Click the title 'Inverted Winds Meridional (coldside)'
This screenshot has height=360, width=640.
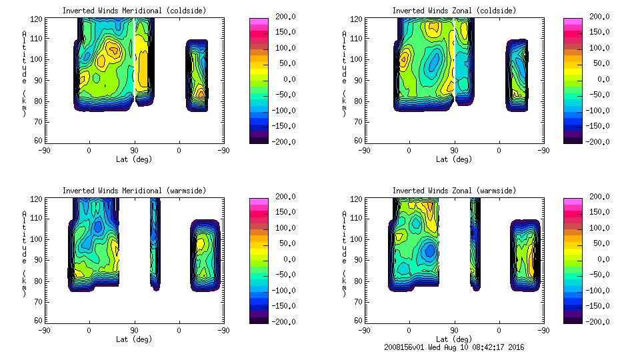click(134, 11)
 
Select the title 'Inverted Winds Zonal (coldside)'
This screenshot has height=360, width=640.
click(454, 11)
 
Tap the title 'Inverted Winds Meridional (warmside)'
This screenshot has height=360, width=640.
click(134, 191)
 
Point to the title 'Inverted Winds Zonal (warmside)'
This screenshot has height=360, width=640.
click(454, 191)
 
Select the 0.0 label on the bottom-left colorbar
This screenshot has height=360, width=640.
click(287, 259)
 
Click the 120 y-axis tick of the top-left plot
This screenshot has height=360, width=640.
click(37, 19)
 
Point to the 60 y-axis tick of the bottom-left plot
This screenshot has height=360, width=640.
click(39, 321)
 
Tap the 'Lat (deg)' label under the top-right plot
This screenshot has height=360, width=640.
click(454, 159)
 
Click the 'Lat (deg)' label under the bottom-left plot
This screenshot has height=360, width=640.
click(134, 339)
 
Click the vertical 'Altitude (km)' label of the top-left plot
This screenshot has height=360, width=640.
click(24, 73)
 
